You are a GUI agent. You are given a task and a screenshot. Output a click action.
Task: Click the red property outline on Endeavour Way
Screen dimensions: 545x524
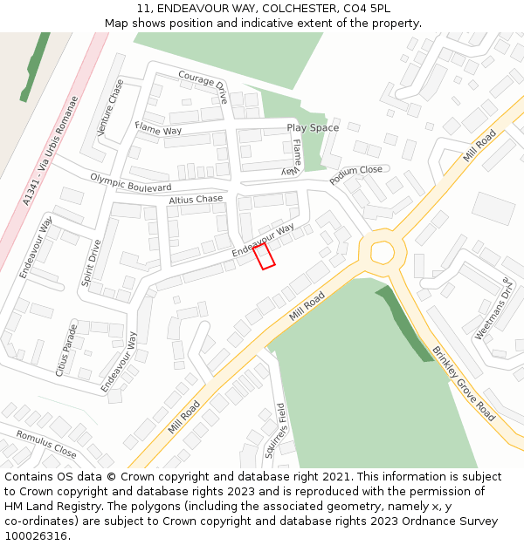(264, 256)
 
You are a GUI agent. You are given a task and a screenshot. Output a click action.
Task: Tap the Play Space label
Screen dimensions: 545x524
(313, 128)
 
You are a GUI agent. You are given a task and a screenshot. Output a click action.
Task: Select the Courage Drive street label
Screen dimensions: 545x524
(203, 86)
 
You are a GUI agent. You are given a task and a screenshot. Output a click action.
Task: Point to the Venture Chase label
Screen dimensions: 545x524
(112, 107)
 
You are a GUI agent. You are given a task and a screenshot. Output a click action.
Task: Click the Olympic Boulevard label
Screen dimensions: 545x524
(131, 182)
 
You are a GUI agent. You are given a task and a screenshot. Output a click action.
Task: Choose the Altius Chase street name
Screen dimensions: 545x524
(196, 200)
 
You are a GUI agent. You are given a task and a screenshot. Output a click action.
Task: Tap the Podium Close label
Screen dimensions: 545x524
(356, 175)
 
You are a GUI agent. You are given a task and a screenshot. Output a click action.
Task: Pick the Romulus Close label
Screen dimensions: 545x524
(46, 444)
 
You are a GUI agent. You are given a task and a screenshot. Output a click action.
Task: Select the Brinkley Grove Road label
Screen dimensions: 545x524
(464, 383)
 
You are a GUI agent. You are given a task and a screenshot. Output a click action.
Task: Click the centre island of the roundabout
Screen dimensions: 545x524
(383, 252)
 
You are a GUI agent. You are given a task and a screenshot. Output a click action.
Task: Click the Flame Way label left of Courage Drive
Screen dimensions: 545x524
(158, 129)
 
